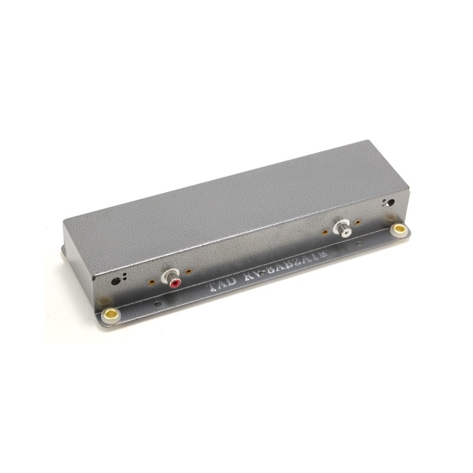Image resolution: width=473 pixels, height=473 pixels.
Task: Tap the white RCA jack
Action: coord(342,228)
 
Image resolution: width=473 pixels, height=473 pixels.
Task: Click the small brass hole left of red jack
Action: coord(153,282)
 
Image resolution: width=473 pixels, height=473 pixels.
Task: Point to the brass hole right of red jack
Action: coord(189,272)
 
